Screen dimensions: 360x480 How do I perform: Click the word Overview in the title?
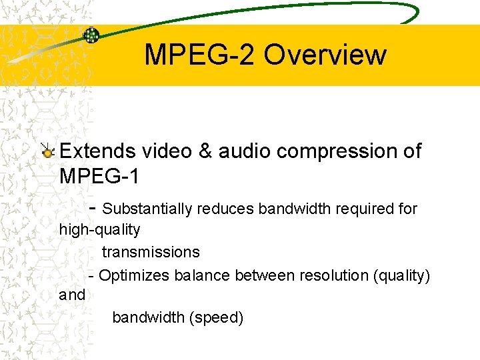click(325, 55)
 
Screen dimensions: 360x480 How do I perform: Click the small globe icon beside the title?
click(91, 35)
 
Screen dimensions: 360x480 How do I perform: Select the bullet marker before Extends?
click(48, 152)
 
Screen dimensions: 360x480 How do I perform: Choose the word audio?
click(242, 151)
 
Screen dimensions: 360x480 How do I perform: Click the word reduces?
click(225, 209)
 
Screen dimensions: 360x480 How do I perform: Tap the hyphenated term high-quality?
click(100, 230)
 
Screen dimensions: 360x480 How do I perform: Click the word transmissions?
click(151, 252)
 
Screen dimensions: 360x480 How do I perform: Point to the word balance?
click(199, 275)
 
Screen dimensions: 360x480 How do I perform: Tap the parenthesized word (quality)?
click(401, 275)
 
